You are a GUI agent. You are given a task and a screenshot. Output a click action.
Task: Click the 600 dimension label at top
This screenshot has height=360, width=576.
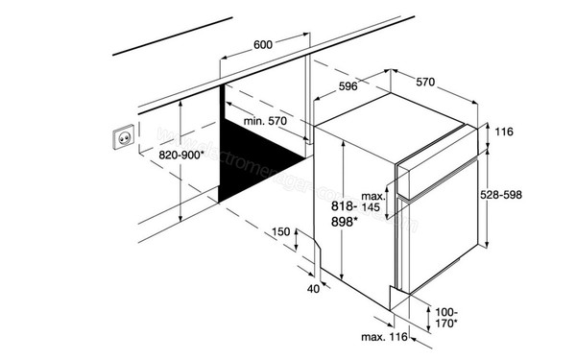coord(263,44)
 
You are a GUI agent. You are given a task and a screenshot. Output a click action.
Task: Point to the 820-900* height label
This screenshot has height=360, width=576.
coord(181,154)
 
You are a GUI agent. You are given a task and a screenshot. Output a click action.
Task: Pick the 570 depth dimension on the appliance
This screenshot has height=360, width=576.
coord(428,83)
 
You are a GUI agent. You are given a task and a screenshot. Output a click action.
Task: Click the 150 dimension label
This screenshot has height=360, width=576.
coord(280,232)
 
